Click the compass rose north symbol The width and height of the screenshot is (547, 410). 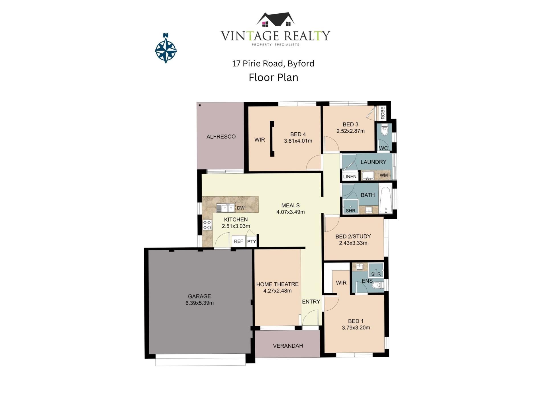coord(166,48)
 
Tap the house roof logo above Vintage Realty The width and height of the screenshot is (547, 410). coord(275,20)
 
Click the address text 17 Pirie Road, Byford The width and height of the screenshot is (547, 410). coord(273,63)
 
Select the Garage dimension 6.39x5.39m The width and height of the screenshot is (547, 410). coord(199,303)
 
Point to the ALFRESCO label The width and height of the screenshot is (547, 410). coord(221,137)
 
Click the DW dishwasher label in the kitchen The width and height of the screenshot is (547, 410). coord(241,208)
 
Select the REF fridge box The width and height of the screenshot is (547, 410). coord(238,241)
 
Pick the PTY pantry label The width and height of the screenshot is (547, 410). coord(252,242)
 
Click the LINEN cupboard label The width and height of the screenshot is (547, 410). coord(350,177)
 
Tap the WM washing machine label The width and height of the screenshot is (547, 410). coord(384,175)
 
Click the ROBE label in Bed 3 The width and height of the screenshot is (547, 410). coord(383,113)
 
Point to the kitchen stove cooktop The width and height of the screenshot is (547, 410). coord(207,225)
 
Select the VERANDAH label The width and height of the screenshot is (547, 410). coord(288,346)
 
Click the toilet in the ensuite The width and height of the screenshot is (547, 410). coord(378,285)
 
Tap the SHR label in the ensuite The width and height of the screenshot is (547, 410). coord(376,274)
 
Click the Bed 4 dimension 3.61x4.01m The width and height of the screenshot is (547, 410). coord(298,141)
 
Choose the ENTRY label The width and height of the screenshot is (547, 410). coord(311,302)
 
